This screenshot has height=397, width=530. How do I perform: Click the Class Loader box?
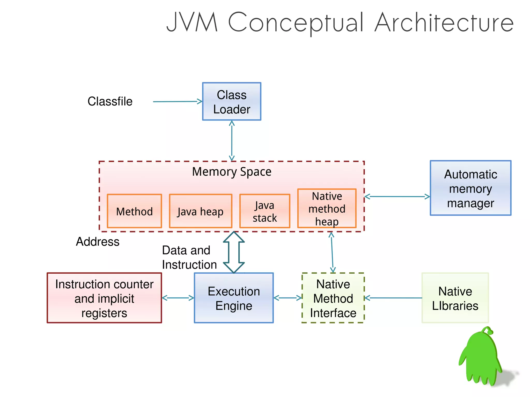pyautogui.click(x=232, y=102)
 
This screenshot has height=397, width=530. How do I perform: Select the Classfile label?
pyautogui.click(x=110, y=101)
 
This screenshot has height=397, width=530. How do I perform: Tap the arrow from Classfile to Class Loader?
pyautogui.click(x=177, y=102)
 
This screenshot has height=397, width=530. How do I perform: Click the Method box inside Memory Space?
pyautogui.click(x=134, y=211)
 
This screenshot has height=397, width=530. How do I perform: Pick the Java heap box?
pyautogui.click(x=200, y=211)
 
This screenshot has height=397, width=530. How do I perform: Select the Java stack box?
pyautogui.click(x=264, y=211)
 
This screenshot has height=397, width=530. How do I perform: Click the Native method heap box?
pyautogui.click(x=327, y=208)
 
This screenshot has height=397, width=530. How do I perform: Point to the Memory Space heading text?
pyautogui.click(x=232, y=172)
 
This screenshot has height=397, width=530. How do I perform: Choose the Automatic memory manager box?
pyautogui.click(x=470, y=188)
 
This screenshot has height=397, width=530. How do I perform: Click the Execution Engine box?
pyautogui.click(x=234, y=298)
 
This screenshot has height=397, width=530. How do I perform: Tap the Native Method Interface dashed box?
pyautogui.click(x=333, y=298)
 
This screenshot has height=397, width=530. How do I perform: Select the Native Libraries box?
pyautogui.click(x=455, y=298)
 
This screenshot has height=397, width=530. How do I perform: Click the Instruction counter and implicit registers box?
pyautogui.click(x=104, y=298)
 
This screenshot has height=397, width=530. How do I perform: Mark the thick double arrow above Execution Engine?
pyautogui.click(x=234, y=252)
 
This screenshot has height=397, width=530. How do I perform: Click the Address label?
pyautogui.click(x=98, y=242)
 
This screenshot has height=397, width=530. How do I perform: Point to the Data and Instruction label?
pyautogui.click(x=189, y=258)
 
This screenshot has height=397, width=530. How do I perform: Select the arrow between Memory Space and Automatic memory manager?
pyautogui.click(x=397, y=197)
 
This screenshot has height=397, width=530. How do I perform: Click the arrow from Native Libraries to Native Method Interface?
pyautogui.click(x=393, y=298)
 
